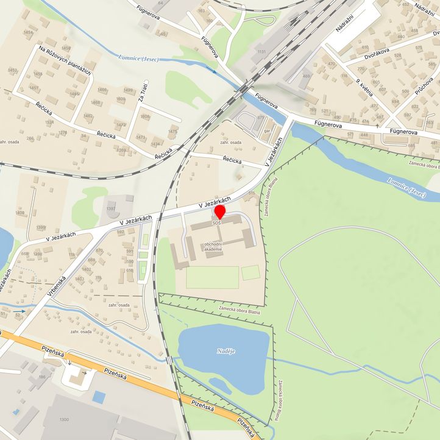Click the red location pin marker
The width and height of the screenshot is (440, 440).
pyautogui.click(x=219, y=212)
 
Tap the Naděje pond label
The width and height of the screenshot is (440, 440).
pyautogui.click(x=225, y=352)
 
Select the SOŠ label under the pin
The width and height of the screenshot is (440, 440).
pyautogui.click(x=217, y=224)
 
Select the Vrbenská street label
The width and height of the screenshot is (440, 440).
pyautogui.click(x=55, y=286)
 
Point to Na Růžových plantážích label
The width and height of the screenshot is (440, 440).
pyautogui.click(x=64, y=60)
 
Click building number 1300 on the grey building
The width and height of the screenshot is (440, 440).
pyautogui.click(x=65, y=420)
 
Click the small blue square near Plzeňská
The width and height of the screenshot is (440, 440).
pyautogui.click(x=99, y=397)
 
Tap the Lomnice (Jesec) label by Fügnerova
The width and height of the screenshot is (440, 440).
pyautogui.click(x=141, y=58)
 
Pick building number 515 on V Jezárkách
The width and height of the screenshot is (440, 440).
pyautogui.click(x=251, y=193)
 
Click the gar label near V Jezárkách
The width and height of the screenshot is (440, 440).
pyautogui.click(x=267, y=131)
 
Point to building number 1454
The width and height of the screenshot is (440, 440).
pyautogui.click(x=28, y=32)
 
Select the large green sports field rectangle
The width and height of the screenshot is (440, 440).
pyautogui.click(x=212, y=277)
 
